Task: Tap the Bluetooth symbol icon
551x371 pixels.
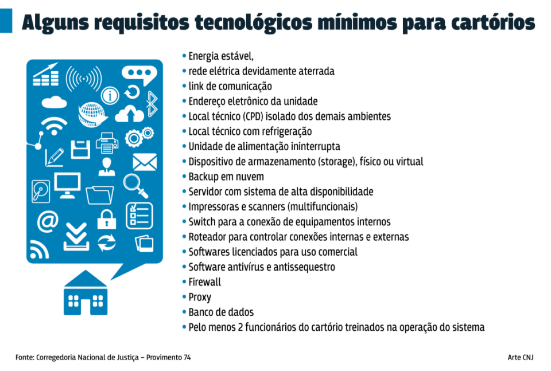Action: pyautogui.click(x=152, y=104)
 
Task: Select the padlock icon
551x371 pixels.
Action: pyautogui.click(x=107, y=220)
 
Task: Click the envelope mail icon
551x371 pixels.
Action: pyautogui.click(x=145, y=162)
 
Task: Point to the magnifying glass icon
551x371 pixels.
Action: pyautogui.click(x=135, y=186)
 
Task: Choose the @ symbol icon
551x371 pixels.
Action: pyautogui.click(x=48, y=221)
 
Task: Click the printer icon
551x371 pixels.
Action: pyautogui.click(x=107, y=143)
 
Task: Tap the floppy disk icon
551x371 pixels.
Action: pyautogui.click(x=80, y=150)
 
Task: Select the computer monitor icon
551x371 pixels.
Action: pyautogui.click(x=68, y=186)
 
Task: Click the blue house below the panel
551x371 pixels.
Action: pyautogui.click(x=86, y=292)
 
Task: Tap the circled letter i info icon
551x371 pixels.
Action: pyautogui.click(x=110, y=95)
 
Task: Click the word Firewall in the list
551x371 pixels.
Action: pyautogui.click(x=204, y=282)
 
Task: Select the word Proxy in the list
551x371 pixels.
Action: pyautogui.click(x=200, y=297)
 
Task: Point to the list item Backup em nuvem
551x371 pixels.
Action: pyautogui.click(x=226, y=177)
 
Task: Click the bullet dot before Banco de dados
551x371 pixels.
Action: pyautogui.click(x=184, y=312)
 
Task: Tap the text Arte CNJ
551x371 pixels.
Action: pyautogui.click(x=521, y=357)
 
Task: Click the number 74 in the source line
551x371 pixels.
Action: pyautogui.click(x=187, y=357)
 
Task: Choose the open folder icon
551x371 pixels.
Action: pyautogui.click(x=100, y=195)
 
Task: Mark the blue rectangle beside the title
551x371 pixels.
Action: pyautogui.click(x=6, y=21)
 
